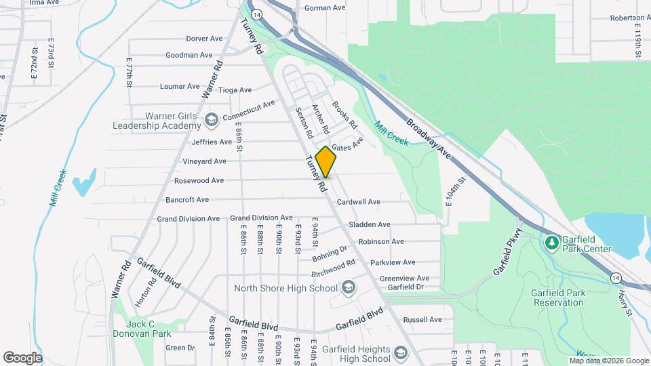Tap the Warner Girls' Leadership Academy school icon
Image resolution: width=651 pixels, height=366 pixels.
click(x=212, y=120)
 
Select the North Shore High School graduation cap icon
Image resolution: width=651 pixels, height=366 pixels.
click(x=349, y=288)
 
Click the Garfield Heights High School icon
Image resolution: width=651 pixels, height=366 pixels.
click(x=401, y=354)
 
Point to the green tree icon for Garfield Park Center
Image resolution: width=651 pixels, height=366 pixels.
click(x=552, y=242)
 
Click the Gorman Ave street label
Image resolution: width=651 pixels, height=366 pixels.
click(x=325, y=8)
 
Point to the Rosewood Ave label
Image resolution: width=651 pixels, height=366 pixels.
click(x=199, y=181)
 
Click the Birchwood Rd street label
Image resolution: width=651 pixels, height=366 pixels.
click(x=333, y=268)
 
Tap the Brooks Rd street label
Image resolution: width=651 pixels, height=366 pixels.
click(x=344, y=115)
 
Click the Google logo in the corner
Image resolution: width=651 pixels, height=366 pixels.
click(x=22, y=357)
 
